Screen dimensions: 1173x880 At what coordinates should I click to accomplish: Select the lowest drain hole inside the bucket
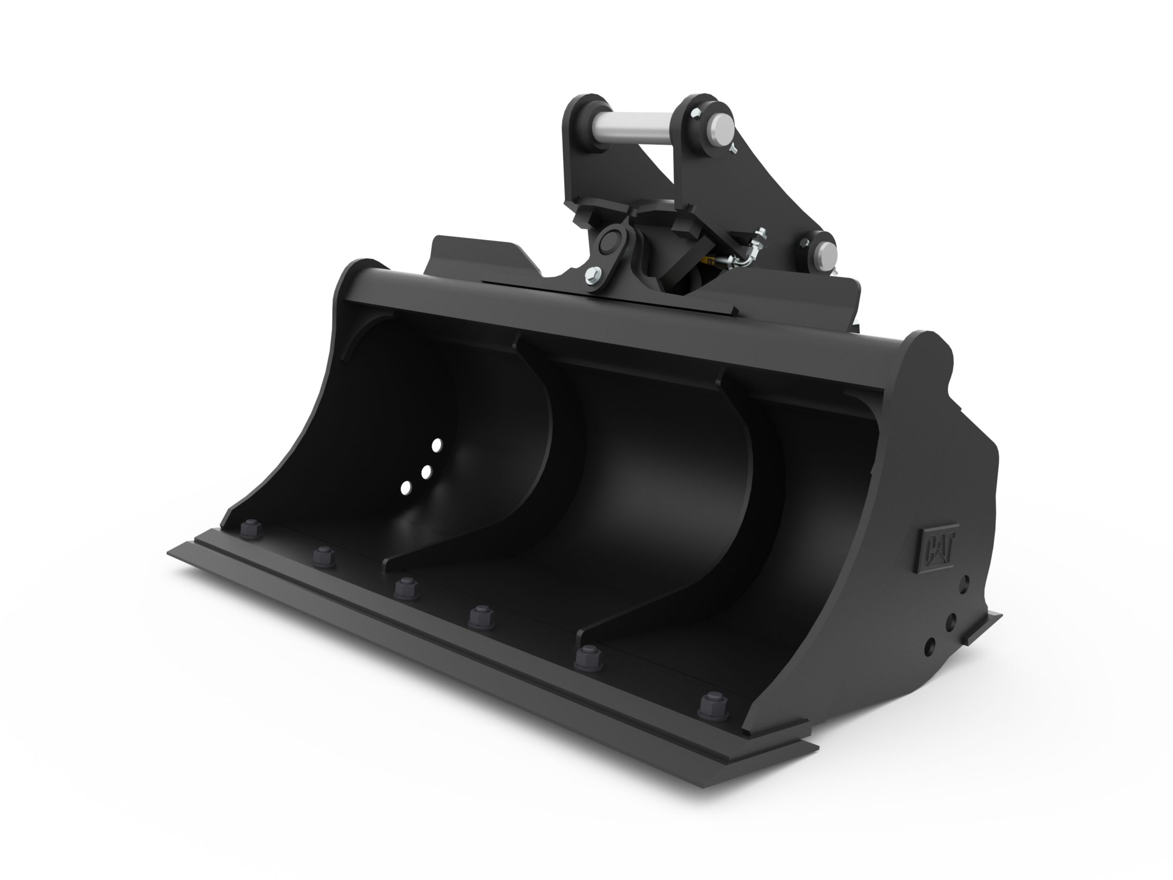pos(406,488)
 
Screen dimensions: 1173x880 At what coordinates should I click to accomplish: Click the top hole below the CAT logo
pos(964,583)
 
